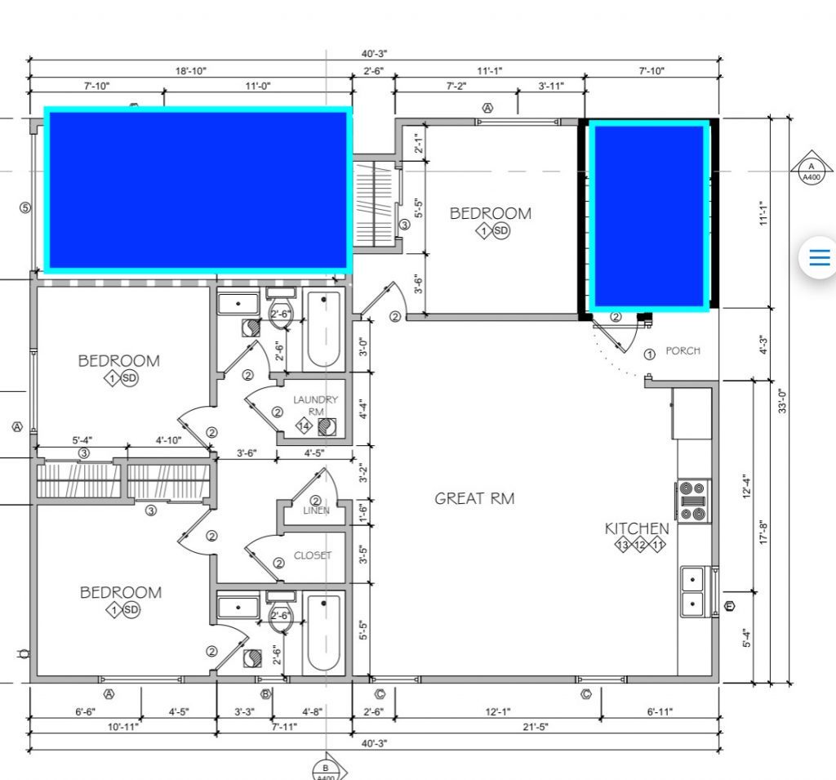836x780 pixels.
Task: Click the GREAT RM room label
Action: [474, 499]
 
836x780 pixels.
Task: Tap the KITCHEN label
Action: [637, 528]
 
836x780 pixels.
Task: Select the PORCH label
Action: [683, 351]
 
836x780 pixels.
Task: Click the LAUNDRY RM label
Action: [316, 405]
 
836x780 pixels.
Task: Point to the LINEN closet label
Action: [316, 510]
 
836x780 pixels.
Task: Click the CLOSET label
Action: [313, 555]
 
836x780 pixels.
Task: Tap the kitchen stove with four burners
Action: [693, 501]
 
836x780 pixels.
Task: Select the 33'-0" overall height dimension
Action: [781, 400]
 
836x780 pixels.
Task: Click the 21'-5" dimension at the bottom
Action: [535, 727]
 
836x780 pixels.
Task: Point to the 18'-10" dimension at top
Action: [191, 71]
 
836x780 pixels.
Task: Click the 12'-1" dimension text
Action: [497, 711]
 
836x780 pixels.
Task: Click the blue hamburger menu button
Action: [820, 257]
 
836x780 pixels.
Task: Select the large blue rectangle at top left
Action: [198, 190]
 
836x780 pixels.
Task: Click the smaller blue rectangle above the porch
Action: [649, 216]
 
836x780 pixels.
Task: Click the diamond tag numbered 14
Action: [304, 426]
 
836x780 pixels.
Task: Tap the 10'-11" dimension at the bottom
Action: [123, 727]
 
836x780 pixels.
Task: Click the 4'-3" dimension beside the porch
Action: [763, 345]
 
